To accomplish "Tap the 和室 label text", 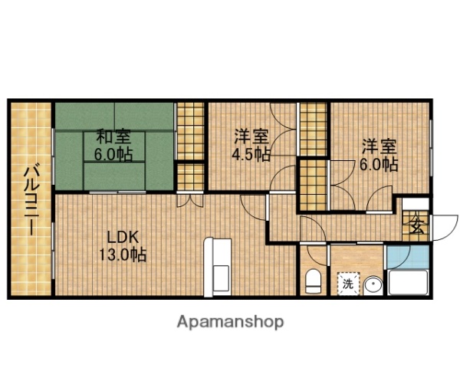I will (113, 137).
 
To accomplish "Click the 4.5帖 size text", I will (251, 154).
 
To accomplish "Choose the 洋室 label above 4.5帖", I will (251, 137).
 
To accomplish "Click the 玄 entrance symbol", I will (416, 226).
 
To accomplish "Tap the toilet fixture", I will (312, 282).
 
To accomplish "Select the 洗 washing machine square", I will (347, 283).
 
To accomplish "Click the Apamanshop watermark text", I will (230, 322).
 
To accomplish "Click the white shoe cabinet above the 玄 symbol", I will (416, 203).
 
